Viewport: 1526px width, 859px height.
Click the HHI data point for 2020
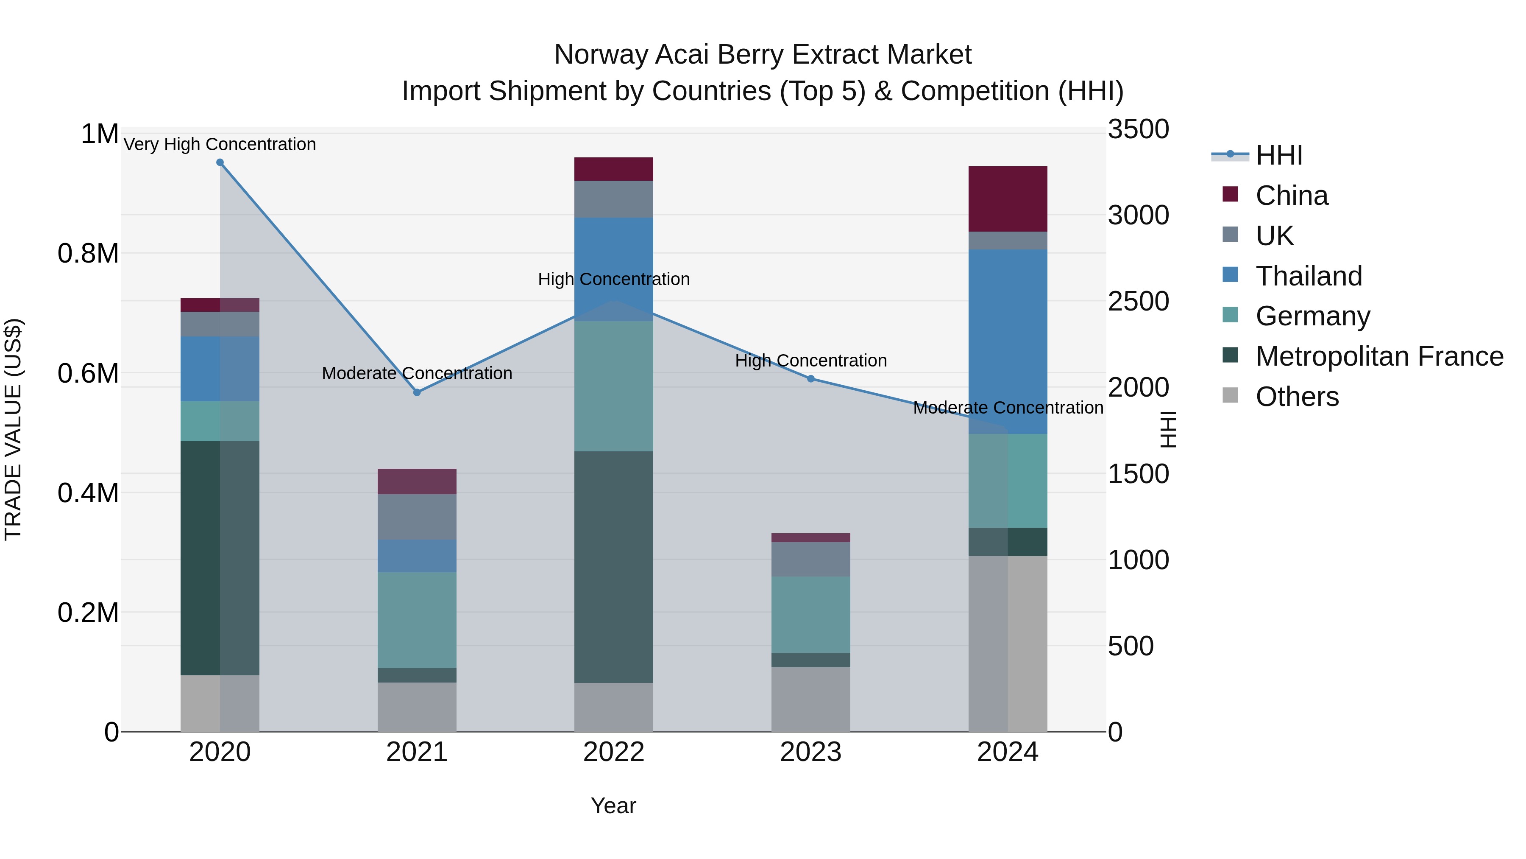[220, 162]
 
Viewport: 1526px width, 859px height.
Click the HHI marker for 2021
[417, 392]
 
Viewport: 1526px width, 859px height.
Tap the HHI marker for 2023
[811, 379]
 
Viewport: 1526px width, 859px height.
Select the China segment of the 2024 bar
[1008, 199]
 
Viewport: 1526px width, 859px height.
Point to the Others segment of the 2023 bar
[811, 699]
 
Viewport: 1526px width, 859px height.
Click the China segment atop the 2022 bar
[614, 169]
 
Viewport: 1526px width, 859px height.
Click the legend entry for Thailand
[1309, 276]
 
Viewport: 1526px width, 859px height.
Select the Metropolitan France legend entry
[1379, 356]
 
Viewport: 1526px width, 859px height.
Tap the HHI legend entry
[1278, 155]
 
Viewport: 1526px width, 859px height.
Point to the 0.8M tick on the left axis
[88, 254]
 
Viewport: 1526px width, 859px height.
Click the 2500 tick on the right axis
[1138, 301]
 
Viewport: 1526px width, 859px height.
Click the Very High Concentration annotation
[220, 144]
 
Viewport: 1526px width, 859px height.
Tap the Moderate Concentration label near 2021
[417, 373]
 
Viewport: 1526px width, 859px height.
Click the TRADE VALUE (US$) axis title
[13, 429]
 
